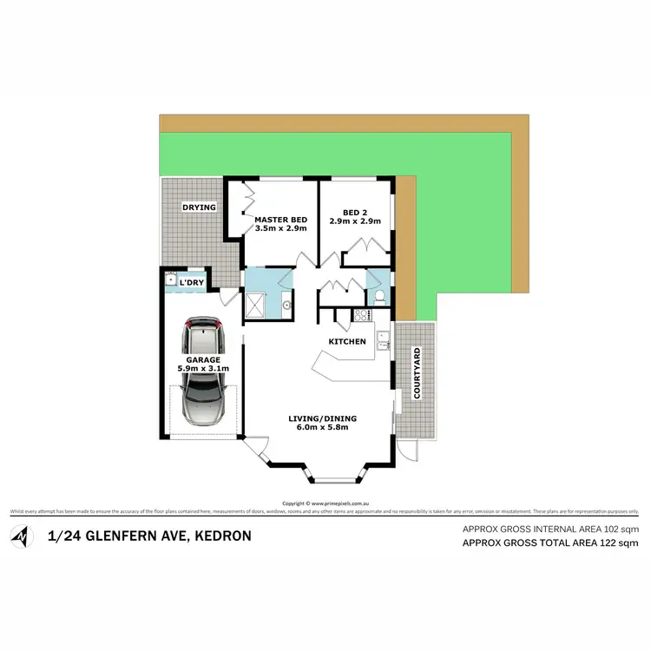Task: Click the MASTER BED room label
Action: coord(279,220)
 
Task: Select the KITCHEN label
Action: coord(346,341)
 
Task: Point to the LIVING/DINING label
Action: coord(323,418)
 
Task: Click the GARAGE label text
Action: coord(201,359)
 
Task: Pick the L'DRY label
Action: coord(192,284)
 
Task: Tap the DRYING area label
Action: coord(199,207)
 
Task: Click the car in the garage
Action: coord(203,373)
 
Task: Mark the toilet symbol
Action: coord(379,296)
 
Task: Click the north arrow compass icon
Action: coord(21,536)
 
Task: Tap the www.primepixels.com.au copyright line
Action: coord(326,503)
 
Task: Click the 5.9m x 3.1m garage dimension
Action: coord(201,369)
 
